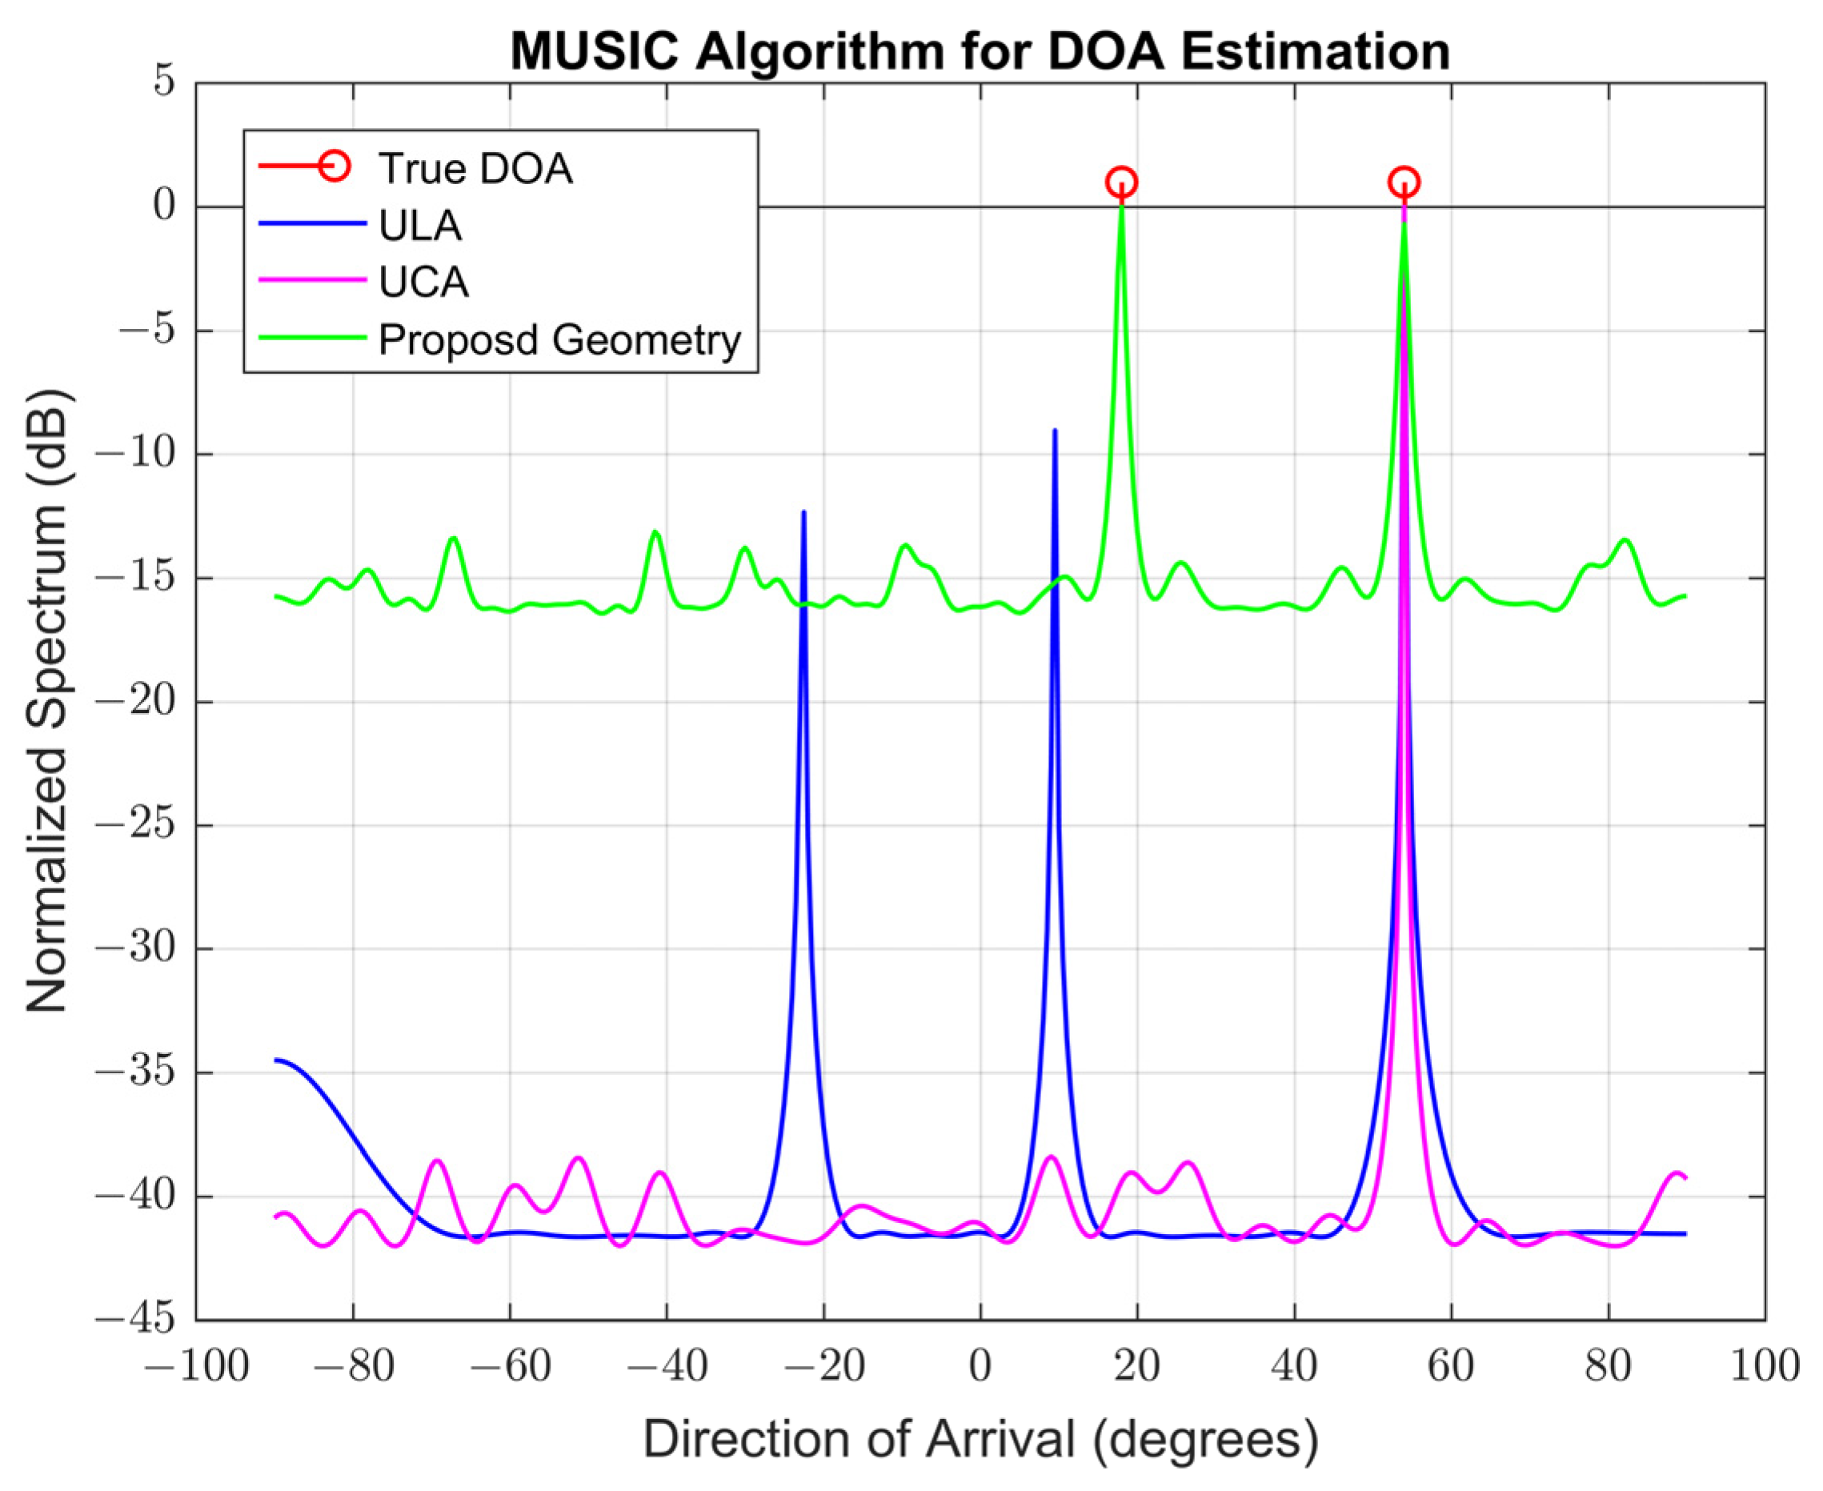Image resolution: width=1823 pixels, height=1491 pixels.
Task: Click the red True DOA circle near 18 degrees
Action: pos(1121,182)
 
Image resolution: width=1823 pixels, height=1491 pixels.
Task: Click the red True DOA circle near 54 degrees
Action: pos(1404,182)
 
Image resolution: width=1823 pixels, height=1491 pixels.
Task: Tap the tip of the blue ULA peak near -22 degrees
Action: pos(803,513)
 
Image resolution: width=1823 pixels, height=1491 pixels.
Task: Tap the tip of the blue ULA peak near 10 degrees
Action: pos(1055,431)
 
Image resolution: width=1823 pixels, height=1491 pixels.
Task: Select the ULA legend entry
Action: pos(420,225)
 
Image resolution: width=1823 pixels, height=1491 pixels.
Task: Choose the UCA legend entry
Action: pos(423,282)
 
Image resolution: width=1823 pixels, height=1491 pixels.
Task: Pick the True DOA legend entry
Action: pos(475,167)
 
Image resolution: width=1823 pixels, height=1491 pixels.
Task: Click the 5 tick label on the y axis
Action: pos(164,82)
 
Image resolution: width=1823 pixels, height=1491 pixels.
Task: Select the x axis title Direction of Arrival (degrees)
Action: pos(980,1439)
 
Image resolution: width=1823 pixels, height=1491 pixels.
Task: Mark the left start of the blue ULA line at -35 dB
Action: pos(277,1060)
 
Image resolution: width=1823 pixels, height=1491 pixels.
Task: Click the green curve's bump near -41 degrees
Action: pos(656,532)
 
